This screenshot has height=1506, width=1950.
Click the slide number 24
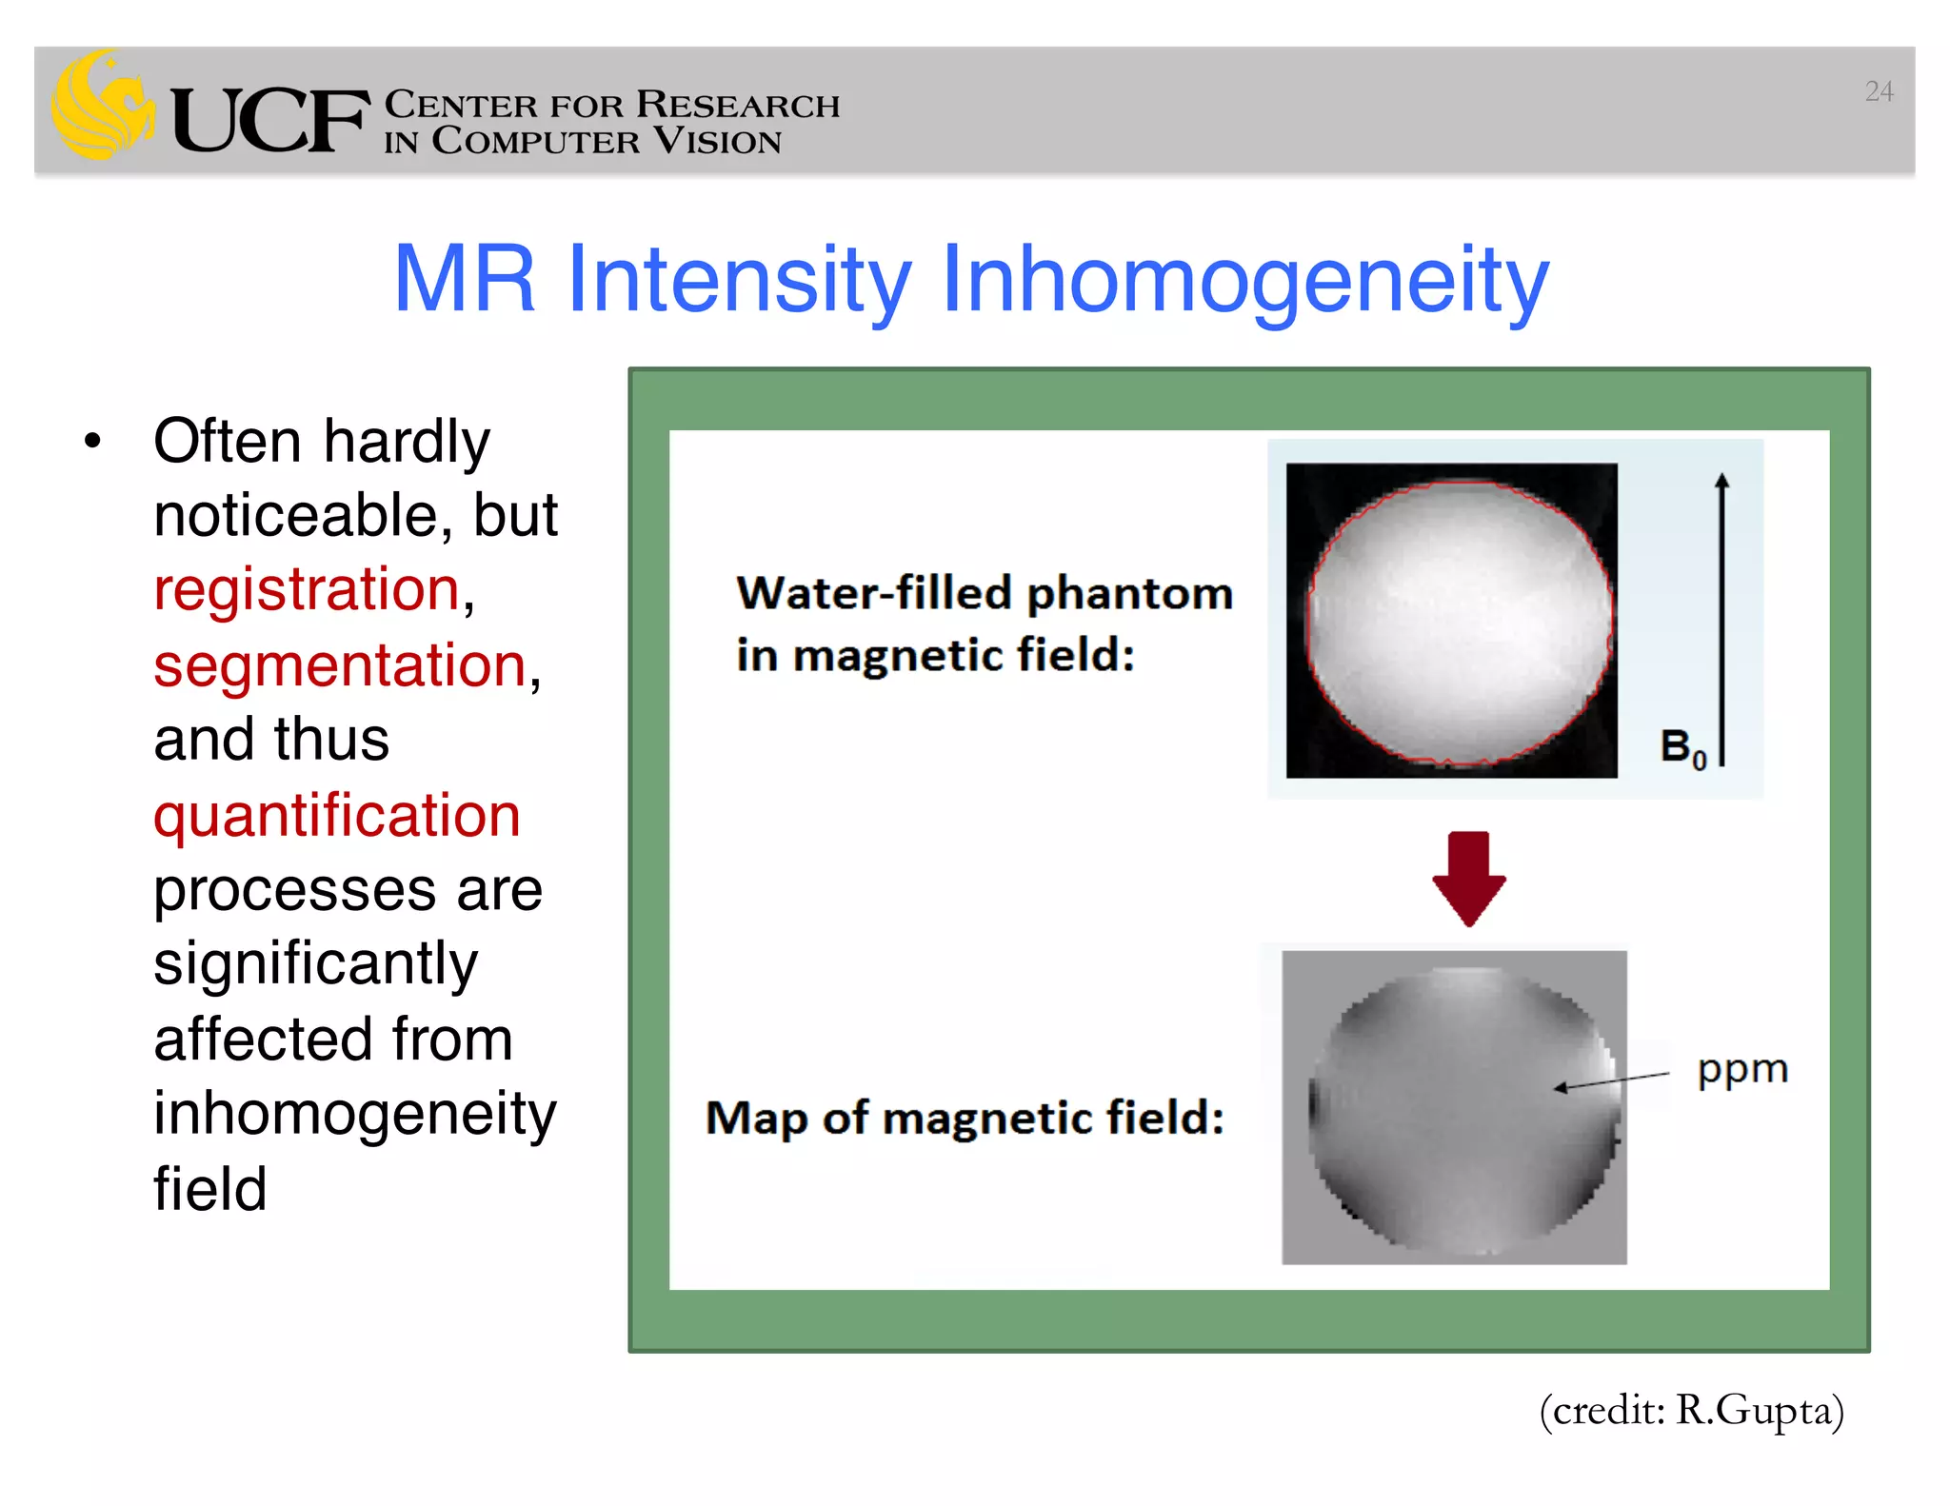click(1878, 91)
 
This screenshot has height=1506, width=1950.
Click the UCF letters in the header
click(270, 120)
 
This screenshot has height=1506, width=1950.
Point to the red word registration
click(308, 589)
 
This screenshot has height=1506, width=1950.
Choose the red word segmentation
click(340, 664)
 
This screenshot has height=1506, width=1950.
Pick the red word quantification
click(337, 816)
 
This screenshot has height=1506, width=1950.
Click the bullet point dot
click(92, 442)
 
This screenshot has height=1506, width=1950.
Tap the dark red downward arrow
click(1468, 878)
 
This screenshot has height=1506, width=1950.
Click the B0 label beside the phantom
click(1681, 747)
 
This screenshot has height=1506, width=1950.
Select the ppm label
click(1742, 1069)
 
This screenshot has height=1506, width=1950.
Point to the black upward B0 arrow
click(1721, 619)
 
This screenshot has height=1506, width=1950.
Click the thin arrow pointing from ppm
click(1611, 1080)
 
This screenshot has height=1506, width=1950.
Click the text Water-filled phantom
click(984, 593)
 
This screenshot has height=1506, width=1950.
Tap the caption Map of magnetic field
click(964, 1118)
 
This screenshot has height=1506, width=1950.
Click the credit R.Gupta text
click(1691, 1410)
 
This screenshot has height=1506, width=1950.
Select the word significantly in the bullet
click(315, 964)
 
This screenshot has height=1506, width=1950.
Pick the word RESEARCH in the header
click(738, 105)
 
